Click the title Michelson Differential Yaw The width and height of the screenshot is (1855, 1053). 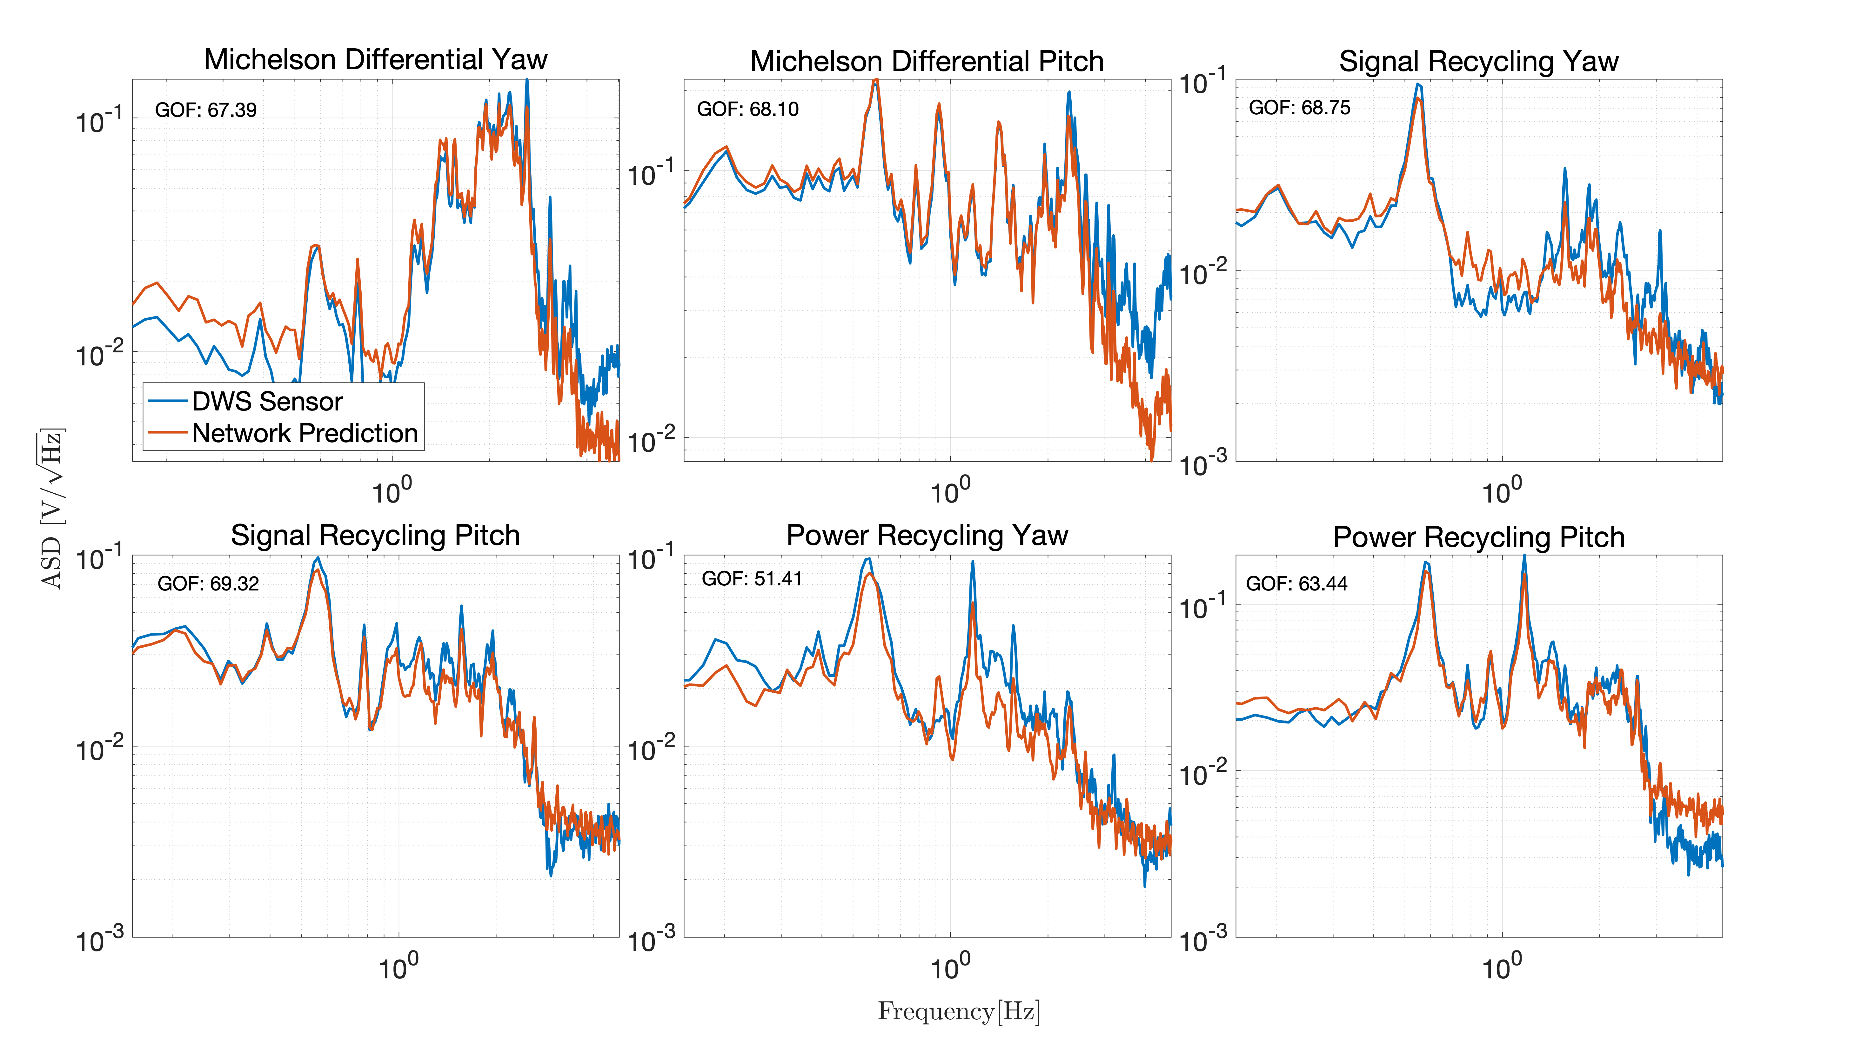click(375, 59)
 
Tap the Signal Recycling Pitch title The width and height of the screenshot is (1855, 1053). click(375, 535)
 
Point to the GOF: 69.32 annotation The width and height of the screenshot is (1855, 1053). click(208, 583)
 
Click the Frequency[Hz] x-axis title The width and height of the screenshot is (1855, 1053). click(958, 1011)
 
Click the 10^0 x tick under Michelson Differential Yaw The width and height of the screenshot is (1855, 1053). click(391, 492)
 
